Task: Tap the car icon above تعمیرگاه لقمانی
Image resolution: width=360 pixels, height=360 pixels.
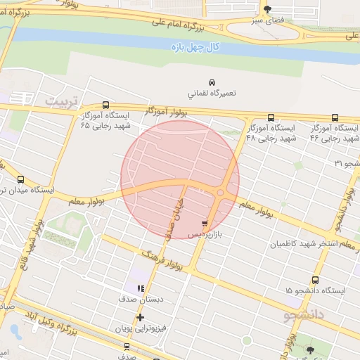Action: tap(212, 81)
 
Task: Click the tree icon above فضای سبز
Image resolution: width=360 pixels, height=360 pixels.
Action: tap(266, 9)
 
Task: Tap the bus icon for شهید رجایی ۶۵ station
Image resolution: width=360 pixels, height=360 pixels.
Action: tap(106, 105)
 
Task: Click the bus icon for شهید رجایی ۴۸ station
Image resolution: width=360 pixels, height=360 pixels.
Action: tap(271, 117)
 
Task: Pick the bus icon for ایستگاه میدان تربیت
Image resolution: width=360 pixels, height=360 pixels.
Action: tap(20, 179)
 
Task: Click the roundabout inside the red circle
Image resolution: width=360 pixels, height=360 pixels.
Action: tap(221, 193)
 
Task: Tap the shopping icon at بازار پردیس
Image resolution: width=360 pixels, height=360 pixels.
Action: tap(205, 223)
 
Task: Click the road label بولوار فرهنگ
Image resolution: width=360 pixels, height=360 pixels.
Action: tap(162, 260)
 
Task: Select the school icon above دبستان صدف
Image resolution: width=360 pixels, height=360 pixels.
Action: tap(141, 288)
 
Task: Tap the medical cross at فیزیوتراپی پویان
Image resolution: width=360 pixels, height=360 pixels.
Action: tap(141, 317)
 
